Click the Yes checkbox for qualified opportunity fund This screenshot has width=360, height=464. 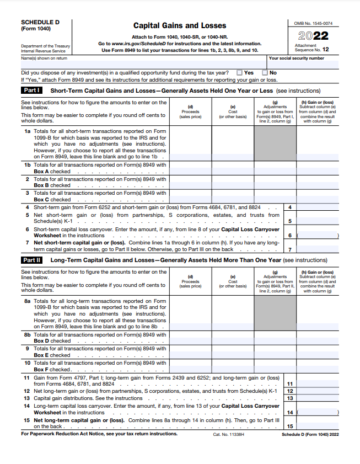pyautogui.click(x=239, y=72)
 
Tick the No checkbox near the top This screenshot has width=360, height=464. pyautogui.click(x=265, y=72)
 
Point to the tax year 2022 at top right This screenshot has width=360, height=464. pyautogui.click(x=313, y=36)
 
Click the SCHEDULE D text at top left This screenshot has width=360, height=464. pyautogui.click(x=40, y=22)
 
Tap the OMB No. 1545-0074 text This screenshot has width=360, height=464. pyautogui.click(x=313, y=24)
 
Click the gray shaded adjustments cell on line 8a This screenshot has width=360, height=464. pyautogui.click(x=275, y=313)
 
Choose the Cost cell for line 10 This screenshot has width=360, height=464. pyautogui.click(x=233, y=366)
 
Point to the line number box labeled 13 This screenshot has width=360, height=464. pyautogui.click(x=290, y=398)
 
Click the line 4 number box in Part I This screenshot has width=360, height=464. pyautogui.click(x=290, y=207)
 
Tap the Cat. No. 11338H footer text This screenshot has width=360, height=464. pyautogui.click(x=228, y=434)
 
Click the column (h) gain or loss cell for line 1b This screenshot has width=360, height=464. pyautogui.click(x=318, y=168)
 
